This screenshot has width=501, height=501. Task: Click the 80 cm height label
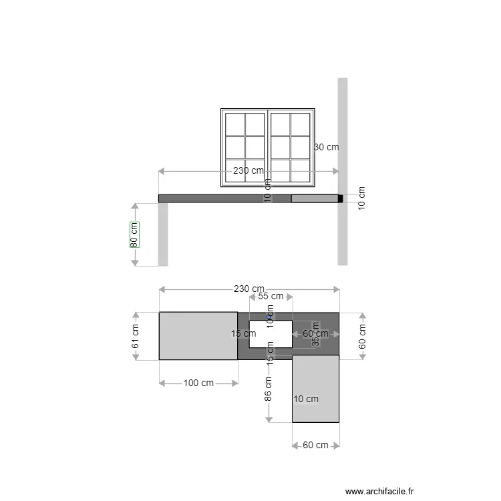[134, 234]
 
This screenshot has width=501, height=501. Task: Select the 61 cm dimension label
[135, 336]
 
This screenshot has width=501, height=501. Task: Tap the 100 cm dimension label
[198, 383]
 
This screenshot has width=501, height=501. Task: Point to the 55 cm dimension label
[271, 296]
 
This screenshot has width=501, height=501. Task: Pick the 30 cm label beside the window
[327, 147]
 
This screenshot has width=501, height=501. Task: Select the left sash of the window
[245, 147]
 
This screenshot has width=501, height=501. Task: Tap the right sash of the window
[291, 147]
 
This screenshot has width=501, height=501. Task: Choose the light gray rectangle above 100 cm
[198, 335]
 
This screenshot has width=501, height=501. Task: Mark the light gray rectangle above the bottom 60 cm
[315, 389]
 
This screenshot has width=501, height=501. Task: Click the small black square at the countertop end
[340, 198]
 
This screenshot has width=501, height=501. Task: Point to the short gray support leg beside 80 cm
[163, 234]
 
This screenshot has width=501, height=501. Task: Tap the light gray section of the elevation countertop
[314, 198]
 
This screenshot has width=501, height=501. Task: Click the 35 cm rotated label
[315, 339]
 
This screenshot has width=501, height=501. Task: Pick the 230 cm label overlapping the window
[248, 170]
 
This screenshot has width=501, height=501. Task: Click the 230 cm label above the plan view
[248, 289]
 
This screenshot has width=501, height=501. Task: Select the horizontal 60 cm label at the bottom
[315, 446]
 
